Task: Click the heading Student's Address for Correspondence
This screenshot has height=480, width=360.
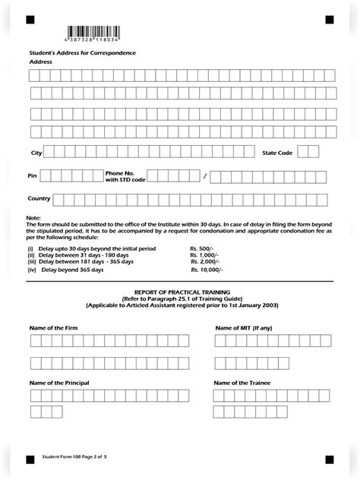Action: (82, 52)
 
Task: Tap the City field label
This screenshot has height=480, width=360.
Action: (36, 153)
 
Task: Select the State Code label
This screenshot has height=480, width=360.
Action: (277, 153)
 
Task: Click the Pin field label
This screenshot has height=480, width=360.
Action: (32, 175)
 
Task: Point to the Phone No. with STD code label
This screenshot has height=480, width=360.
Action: (124, 175)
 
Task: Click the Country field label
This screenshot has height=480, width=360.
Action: (39, 199)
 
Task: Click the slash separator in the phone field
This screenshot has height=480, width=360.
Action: (204, 176)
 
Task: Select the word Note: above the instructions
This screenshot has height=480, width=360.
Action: (33, 219)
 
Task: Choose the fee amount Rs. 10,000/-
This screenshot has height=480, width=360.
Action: (205, 270)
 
